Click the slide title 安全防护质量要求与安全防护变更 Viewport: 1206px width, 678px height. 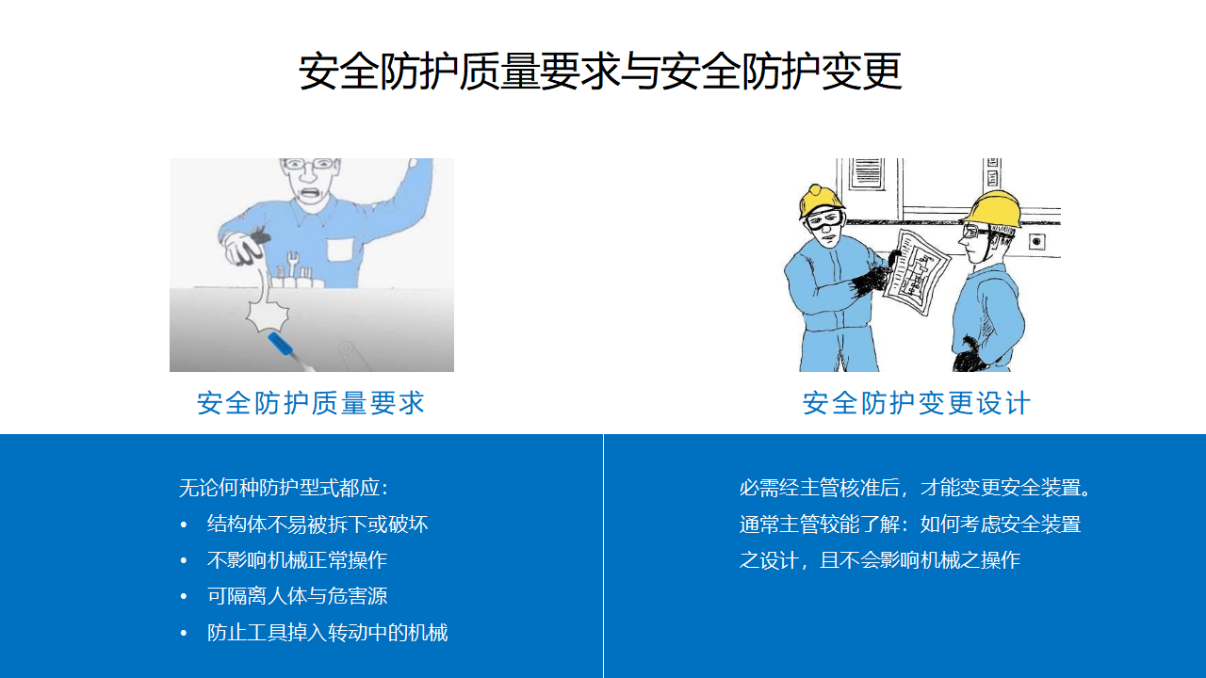tap(600, 71)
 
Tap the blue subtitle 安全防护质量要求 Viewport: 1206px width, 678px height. tap(311, 403)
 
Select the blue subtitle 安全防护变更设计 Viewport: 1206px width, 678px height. tap(917, 403)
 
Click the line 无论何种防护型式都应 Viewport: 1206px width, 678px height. tap(284, 488)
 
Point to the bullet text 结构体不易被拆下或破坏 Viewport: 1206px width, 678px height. tap(318, 525)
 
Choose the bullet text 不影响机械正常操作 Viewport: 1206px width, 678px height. tap(297, 560)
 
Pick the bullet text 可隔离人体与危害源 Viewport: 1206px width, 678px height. tap(297, 596)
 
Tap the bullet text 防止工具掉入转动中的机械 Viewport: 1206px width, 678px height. tap(327, 632)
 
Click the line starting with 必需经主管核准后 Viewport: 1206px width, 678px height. tap(915, 488)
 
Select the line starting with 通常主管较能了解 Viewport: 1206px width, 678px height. tap(910, 525)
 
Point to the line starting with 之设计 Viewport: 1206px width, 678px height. tap(880, 560)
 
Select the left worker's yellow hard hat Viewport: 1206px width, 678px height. tap(821, 202)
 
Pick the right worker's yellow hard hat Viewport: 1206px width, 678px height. tap(994, 209)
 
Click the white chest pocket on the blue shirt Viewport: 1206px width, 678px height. tap(340, 250)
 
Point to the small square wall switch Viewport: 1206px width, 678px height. tap(1036, 242)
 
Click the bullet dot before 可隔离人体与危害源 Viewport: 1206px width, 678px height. tap(184, 596)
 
